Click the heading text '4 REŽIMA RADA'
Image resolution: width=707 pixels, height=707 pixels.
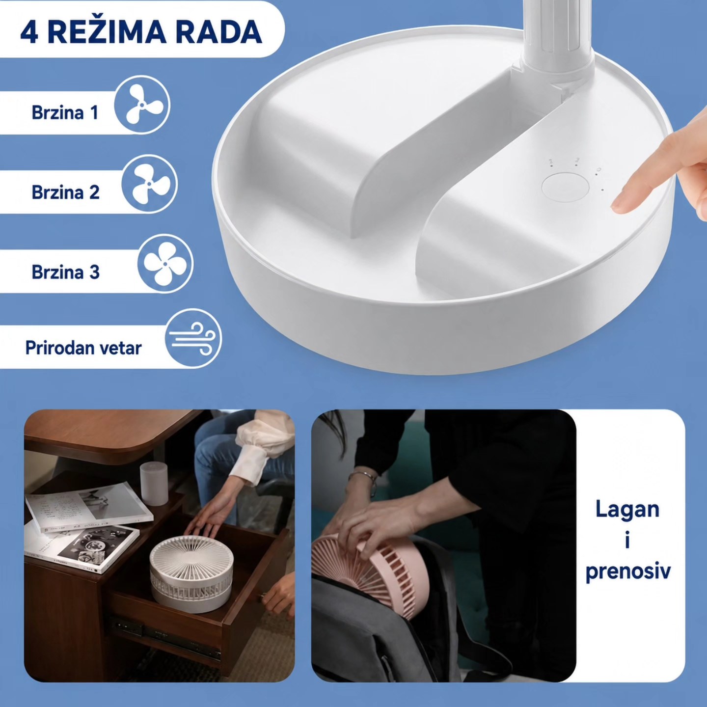pyautogui.click(x=141, y=33)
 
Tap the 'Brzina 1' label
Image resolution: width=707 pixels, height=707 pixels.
pyautogui.click(x=65, y=112)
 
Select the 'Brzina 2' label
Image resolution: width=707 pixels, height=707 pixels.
pyautogui.click(x=66, y=192)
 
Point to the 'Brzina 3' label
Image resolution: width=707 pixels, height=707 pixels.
pyautogui.click(x=66, y=272)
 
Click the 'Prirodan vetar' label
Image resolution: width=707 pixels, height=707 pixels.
pyautogui.click(x=83, y=348)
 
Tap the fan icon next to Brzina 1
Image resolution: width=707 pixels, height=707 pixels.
pyautogui.click(x=142, y=105)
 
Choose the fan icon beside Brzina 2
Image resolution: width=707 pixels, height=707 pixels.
pyautogui.click(x=150, y=184)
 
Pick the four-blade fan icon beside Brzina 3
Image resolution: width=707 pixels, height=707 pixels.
pyautogui.click(x=165, y=264)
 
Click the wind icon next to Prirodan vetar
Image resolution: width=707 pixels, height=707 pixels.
pyautogui.click(x=193, y=339)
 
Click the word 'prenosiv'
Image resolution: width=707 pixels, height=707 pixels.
pyautogui.click(x=628, y=571)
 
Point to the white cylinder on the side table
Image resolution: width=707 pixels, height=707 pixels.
pyautogui.click(x=155, y=484)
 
